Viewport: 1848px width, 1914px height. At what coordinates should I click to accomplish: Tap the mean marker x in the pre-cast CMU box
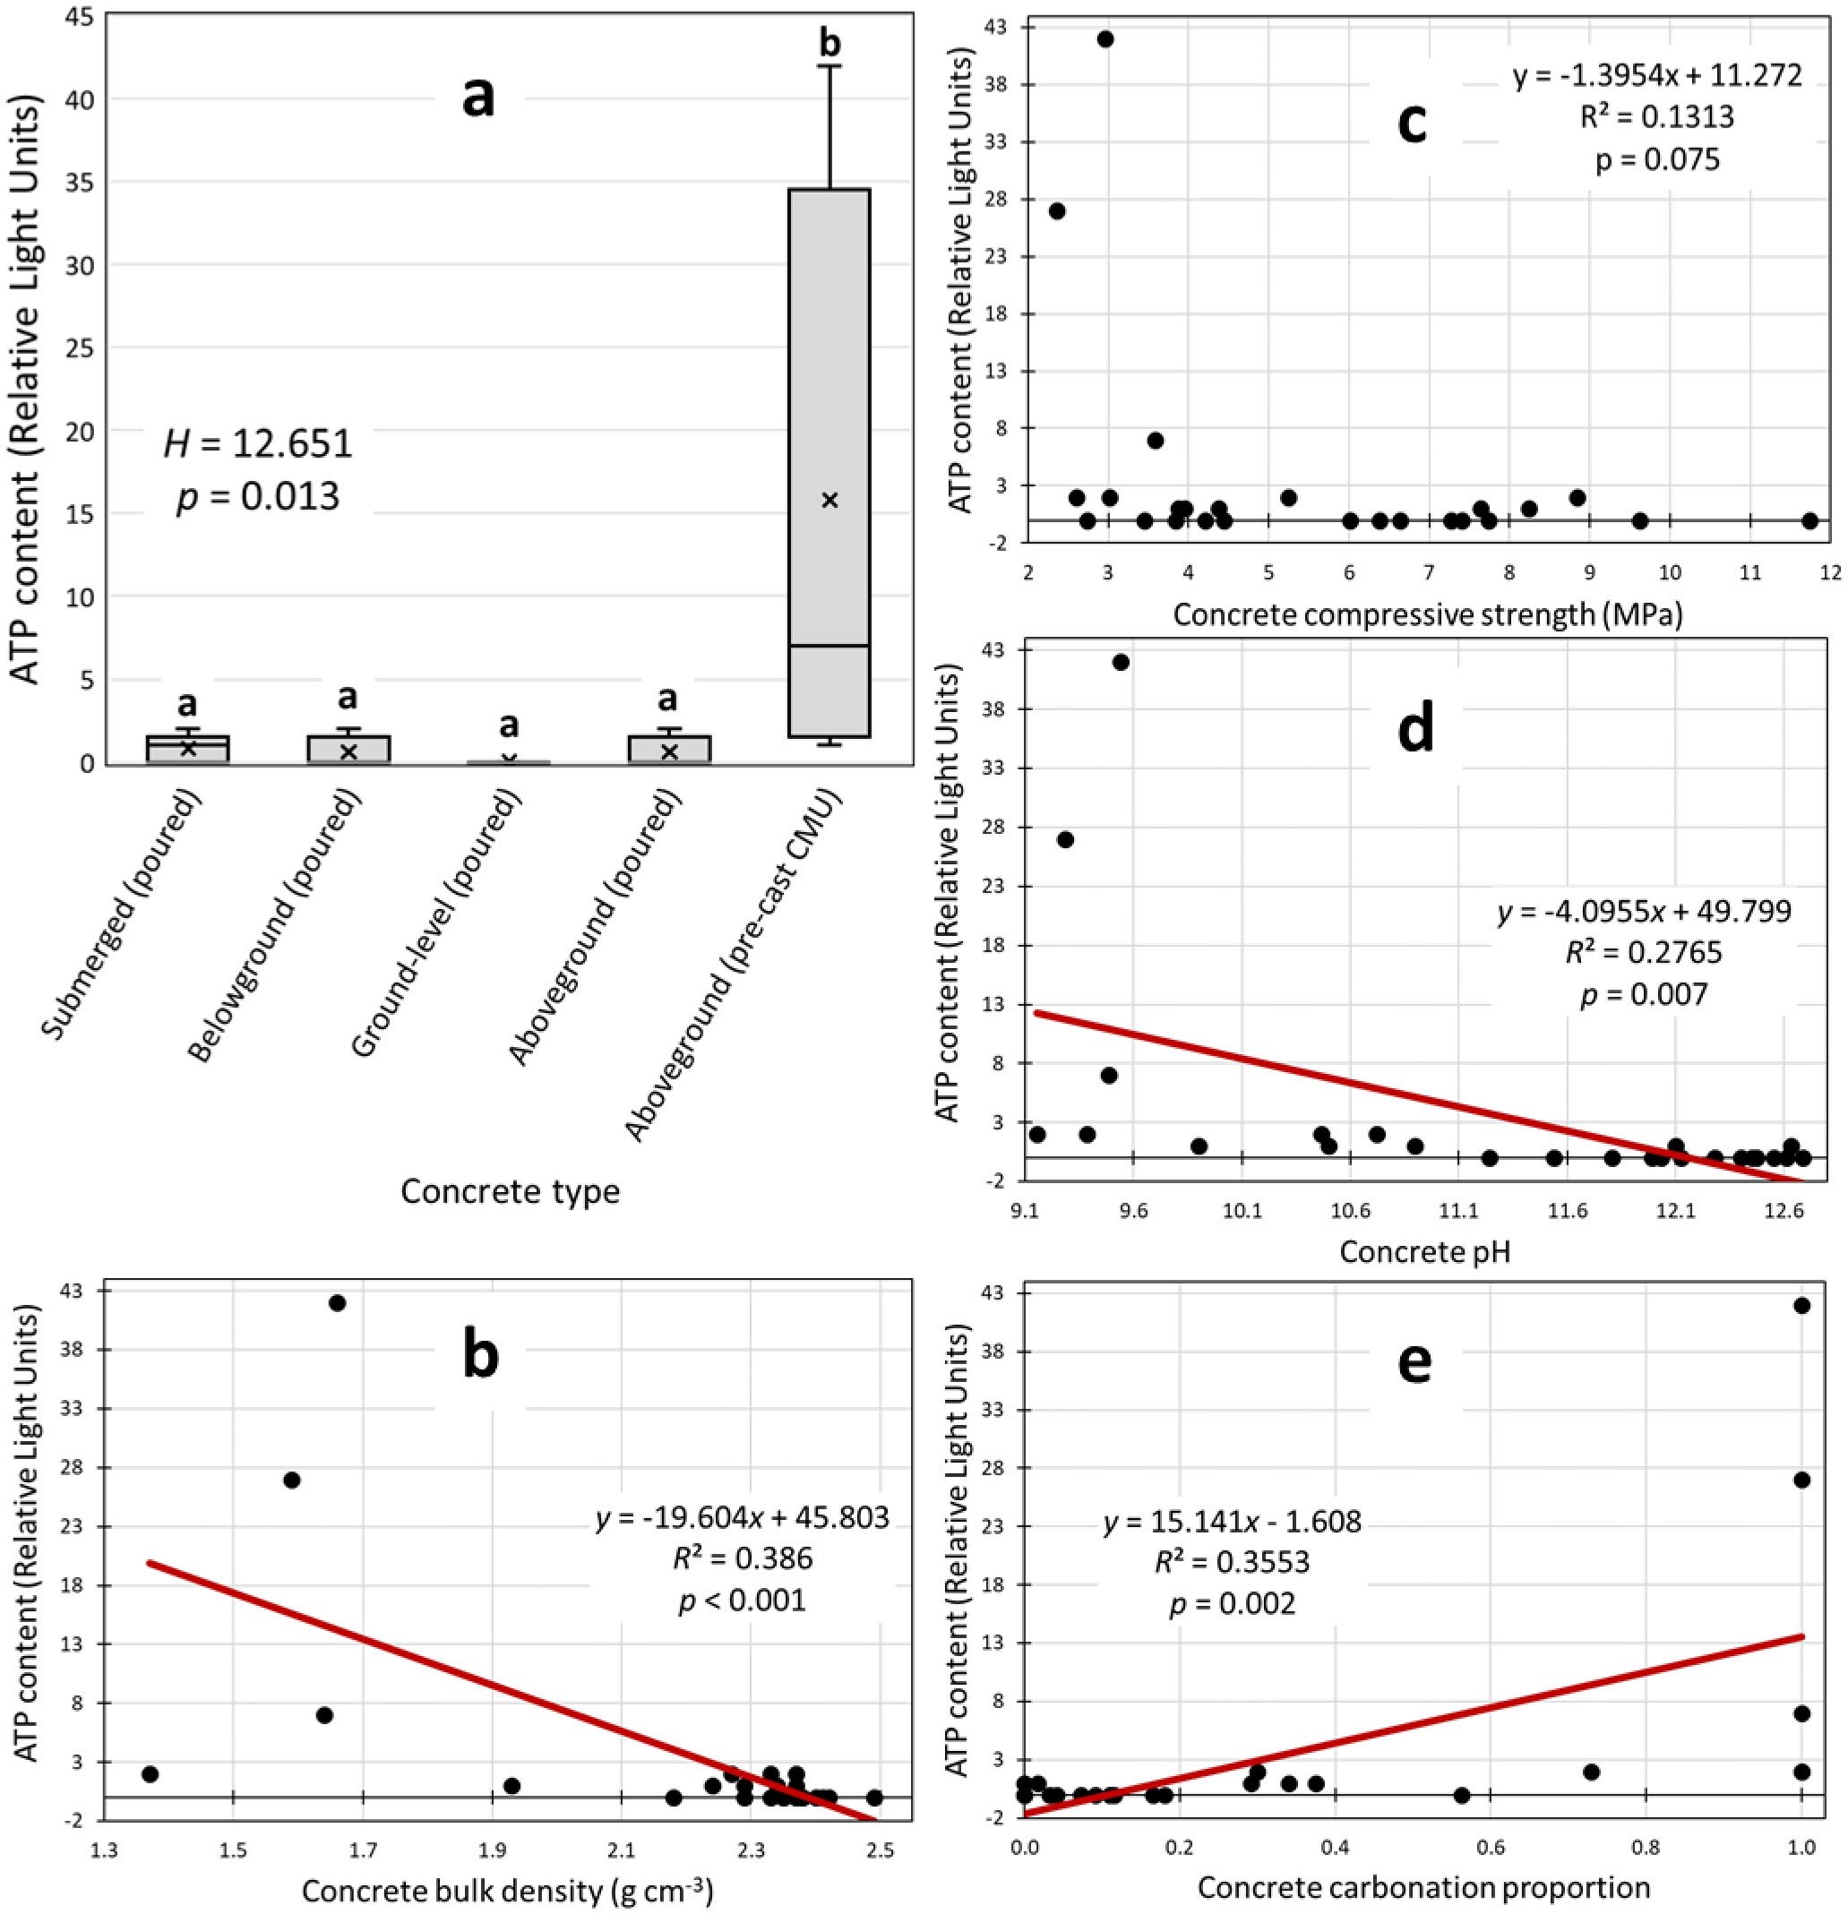[x=829, y=500]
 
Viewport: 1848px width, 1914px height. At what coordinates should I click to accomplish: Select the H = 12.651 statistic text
[x=258, y=444]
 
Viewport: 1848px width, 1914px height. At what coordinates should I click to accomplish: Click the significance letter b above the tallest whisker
[x=829, y=43]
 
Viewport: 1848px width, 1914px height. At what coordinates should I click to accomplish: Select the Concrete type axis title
[x=510, y=1191]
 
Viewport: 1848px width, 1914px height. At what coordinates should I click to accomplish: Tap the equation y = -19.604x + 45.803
[x=743, y=1517]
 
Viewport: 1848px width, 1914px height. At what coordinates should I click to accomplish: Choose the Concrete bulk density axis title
[x=507, y=1892]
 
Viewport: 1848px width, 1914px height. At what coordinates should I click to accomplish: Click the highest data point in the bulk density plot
[x=337, y=1302]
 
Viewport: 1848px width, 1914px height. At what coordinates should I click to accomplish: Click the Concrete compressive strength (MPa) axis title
[x=1427, y=614]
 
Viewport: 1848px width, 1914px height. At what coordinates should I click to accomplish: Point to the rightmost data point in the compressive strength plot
[x=1809, y=520]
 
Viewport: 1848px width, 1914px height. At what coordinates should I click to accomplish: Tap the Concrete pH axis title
[x=1425, y=1251]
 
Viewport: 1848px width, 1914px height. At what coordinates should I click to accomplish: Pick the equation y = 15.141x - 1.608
[x=1232, y=1522]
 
